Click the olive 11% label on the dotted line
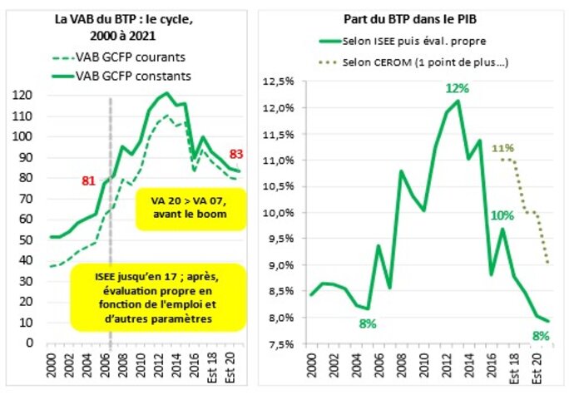502,150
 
